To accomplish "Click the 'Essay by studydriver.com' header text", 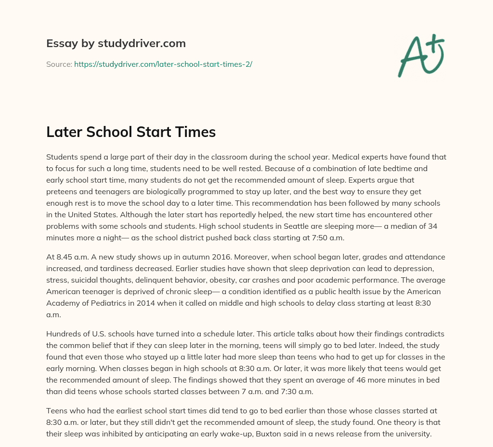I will click(116, 43).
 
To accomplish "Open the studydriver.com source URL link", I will click(163, 64).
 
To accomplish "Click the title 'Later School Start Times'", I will click(131, 132).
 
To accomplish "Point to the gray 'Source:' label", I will click(59, 64).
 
